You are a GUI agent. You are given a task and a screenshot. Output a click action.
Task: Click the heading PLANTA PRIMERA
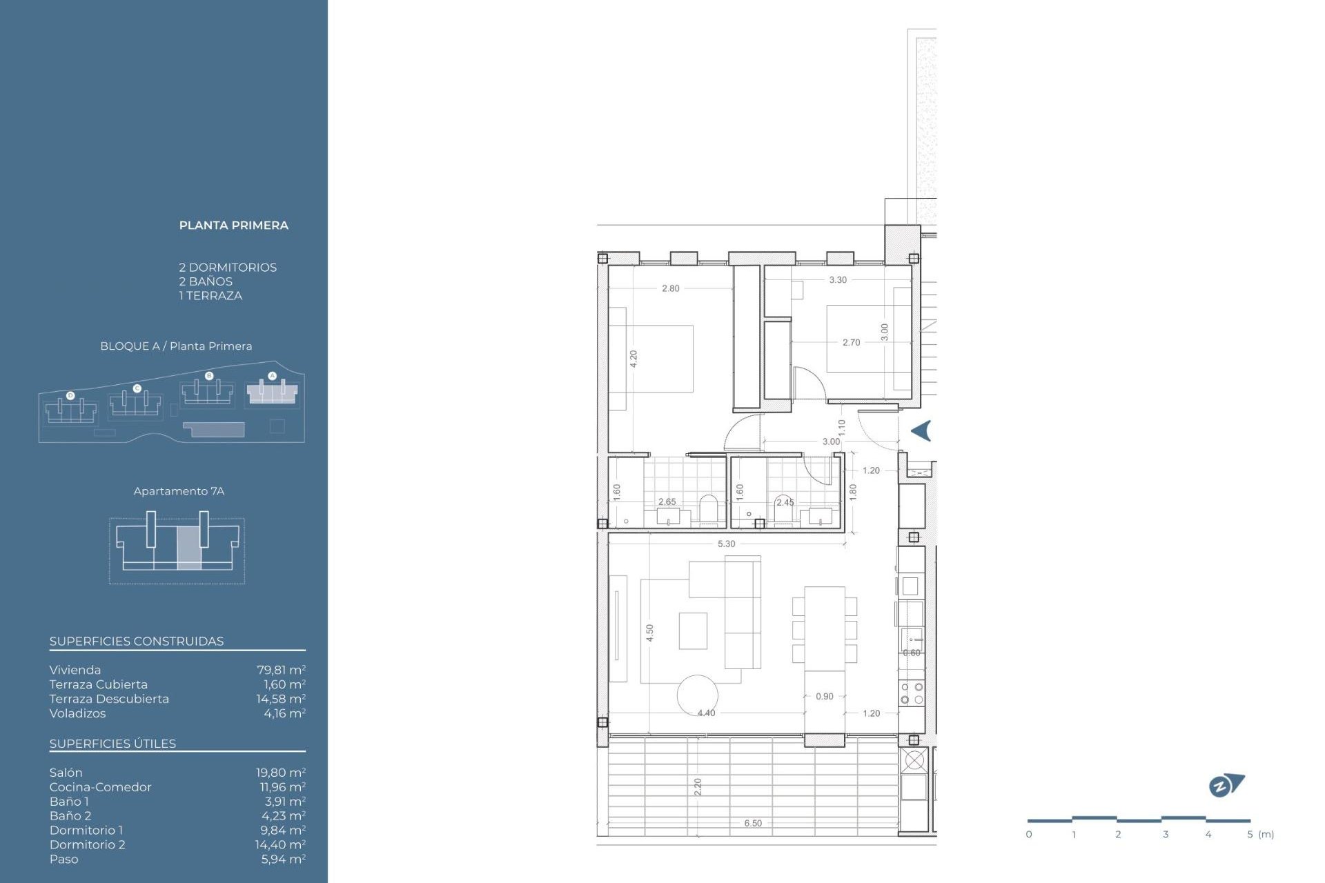coord(233,226)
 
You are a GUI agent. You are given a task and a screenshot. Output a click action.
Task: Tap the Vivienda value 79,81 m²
coord(281,670)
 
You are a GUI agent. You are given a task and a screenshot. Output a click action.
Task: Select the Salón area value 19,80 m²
coord(280,773)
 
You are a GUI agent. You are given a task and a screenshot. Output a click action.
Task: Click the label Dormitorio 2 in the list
coord(87,844)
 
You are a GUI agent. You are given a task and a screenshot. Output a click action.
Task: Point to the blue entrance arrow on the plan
coord(921,431)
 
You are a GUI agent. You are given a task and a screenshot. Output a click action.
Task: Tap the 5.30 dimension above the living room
coord(726,544)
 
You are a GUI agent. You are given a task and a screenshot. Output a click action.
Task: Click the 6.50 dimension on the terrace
coord(753,823)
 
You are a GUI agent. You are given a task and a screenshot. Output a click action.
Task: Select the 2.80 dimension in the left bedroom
coord(670,288)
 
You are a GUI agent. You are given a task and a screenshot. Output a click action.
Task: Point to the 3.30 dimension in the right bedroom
coord(837,280)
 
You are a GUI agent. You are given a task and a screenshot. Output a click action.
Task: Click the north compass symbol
coord(1226,785)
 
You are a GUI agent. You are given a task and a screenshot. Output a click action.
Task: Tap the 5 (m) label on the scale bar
coord(1260,834)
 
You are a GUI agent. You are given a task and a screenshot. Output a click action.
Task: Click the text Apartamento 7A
coord(179,491)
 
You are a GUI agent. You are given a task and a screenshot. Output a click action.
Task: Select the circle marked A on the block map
coord(272,376)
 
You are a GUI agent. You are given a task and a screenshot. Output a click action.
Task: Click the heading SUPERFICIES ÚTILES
coord(112,744)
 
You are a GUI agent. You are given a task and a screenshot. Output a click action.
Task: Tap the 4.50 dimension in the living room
coord(649,633)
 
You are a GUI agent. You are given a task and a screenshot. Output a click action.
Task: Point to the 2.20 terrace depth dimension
coord(697,786)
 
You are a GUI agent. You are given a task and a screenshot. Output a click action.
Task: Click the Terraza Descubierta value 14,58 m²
coord(280,699)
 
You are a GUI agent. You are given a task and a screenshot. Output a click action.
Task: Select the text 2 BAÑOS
coord(206,281)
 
